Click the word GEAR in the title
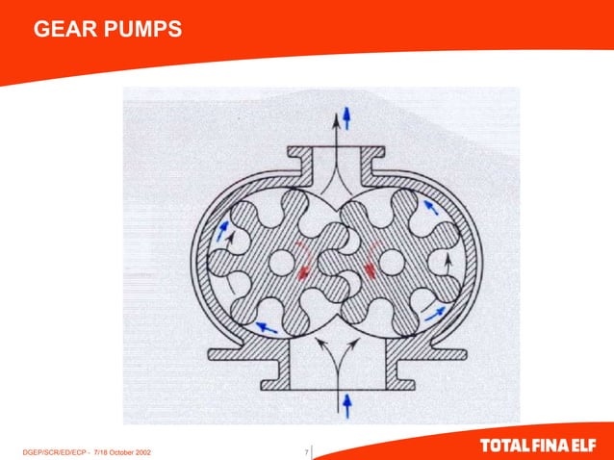coord(62,33)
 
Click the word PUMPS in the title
coord(138,33)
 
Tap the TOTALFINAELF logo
coord(541,447)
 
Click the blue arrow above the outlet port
coord(347,117)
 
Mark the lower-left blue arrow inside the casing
coord(266,328)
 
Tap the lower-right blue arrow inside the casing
coord(436,311)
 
